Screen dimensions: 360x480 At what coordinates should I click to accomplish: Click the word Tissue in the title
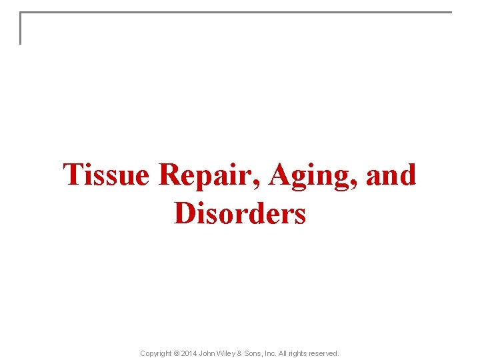click(x=107, y=175)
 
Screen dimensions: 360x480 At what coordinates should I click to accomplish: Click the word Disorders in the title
click(x=240, y=215)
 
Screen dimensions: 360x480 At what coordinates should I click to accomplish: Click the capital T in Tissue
click(x=73, y=175)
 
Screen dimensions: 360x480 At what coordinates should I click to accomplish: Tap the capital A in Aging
click(x=280, y=175)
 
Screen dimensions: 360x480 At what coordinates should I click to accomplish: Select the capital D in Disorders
click(x=185, y=215)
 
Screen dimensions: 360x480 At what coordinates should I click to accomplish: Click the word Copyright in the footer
click(x=156, y=353)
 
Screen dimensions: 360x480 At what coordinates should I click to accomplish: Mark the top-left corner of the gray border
click(x=21, y=13)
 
